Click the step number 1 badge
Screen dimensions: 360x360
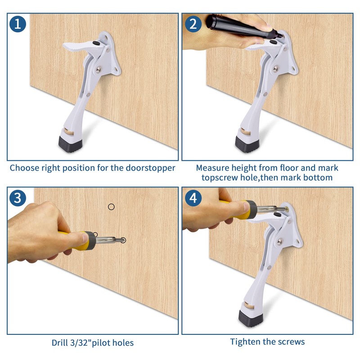point(18,24)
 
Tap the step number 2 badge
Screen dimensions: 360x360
point(193,24)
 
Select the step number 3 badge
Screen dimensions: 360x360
point(18,198)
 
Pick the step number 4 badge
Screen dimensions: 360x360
point(193,198)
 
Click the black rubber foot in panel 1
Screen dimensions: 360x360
point(70,144)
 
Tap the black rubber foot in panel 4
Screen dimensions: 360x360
point(251,318)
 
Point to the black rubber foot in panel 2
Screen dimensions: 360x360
point(247,144)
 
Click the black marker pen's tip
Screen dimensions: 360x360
point(280,36)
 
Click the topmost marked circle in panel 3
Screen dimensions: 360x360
point(111,207)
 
